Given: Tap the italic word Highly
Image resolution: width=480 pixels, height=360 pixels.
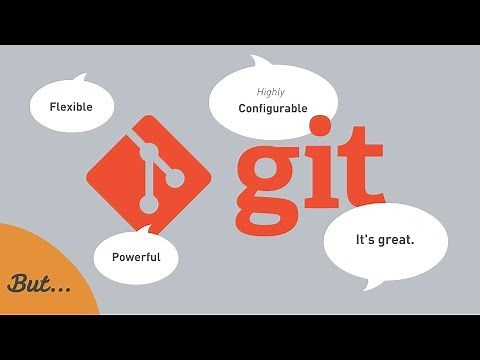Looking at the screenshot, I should [x=270, y=92].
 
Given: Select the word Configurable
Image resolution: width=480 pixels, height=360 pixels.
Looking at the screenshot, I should [x=272, y=108].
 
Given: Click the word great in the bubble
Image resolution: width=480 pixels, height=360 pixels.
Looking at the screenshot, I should [x=397, y=241].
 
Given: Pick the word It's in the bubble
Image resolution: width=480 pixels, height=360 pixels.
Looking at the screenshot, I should [x=367, y=241].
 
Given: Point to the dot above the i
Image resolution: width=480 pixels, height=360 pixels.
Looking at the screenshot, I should [x=320, y=125].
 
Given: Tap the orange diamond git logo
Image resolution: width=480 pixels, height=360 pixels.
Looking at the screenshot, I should [x=150, y=166].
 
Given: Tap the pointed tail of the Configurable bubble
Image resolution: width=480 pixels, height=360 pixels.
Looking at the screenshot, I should [x=256, y=60].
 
